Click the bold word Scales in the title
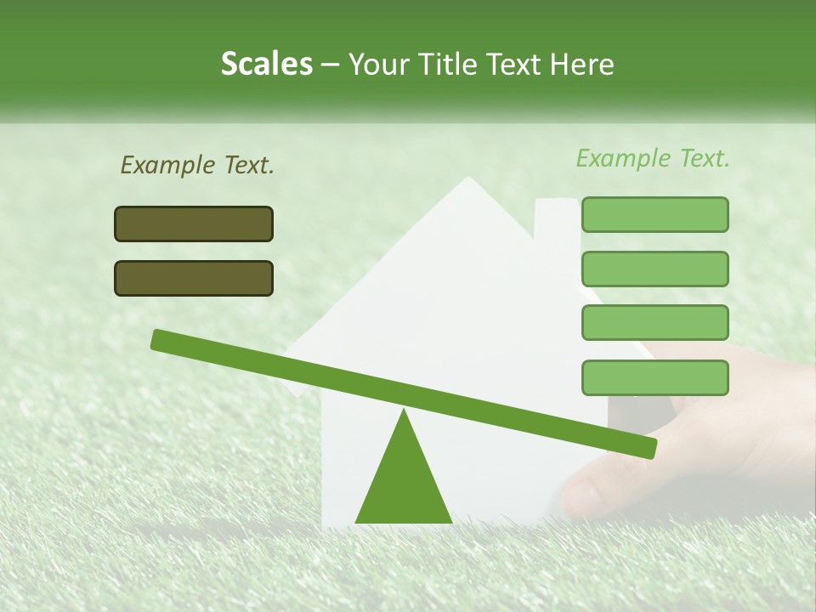266,65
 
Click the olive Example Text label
197,166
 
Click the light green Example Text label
653,158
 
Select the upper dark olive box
194,224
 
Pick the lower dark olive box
194,279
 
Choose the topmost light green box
654,215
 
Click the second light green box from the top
654,269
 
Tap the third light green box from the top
654,323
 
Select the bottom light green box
654,377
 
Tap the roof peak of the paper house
467,181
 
